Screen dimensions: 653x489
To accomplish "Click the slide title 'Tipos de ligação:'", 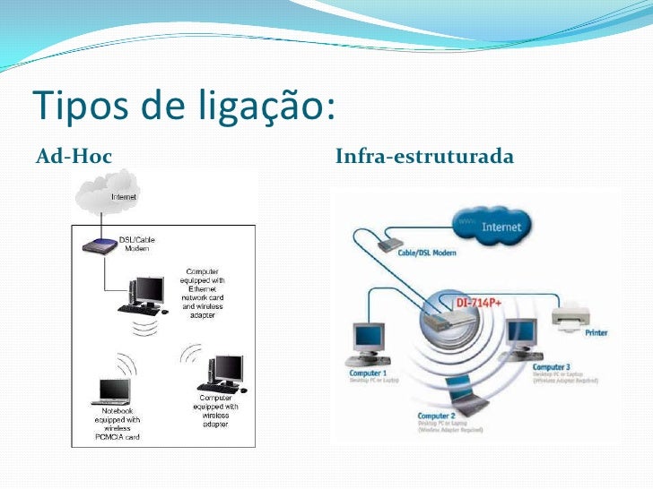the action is pyautogui.click(x=185, y=107).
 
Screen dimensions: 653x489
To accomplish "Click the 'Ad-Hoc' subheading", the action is pyautogui.click(x=74, y=158).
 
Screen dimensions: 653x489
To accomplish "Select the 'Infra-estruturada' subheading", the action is pyautogui.click(x=424, y=158).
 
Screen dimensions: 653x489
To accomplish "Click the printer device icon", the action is pyautogui.click(x=570, y=316).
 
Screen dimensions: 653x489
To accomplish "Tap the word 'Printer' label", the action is pyautogui.click(x=596, y=333).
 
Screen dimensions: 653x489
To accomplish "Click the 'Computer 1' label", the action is pyautogui.click(x=369, y=373).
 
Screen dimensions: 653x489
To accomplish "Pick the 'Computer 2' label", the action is pyautogui.click(x=438, y=416).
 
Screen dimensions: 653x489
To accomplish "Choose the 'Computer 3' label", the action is pyautogui.click(x=551, y=367).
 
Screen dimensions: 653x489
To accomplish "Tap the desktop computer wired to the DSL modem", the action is pyautogui.click(x=146, y=294).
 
